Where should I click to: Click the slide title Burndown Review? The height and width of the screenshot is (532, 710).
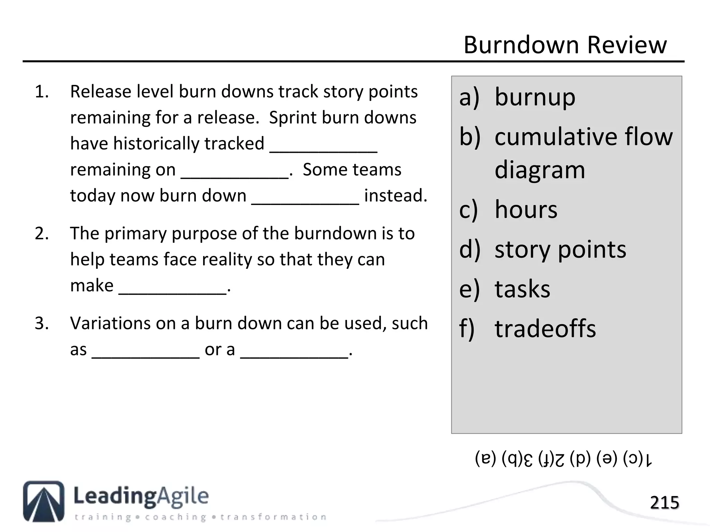click(565, 45)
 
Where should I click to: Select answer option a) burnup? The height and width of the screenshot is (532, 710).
click(517, 97)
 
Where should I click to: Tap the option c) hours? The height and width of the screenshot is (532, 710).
click(508, 210)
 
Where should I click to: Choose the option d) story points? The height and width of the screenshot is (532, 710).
click(543, 249)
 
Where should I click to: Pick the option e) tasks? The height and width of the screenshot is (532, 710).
click(505, 289)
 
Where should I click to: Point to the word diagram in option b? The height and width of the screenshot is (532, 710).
click(540, 170)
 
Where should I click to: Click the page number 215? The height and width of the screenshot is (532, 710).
click(664, 503)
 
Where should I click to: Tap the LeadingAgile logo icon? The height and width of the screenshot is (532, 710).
click(44, 501)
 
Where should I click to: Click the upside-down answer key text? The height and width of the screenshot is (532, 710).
click(564, 459)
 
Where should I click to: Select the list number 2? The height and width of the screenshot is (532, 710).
click(42, 233)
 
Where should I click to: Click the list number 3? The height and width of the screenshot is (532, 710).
click(42, 323)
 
